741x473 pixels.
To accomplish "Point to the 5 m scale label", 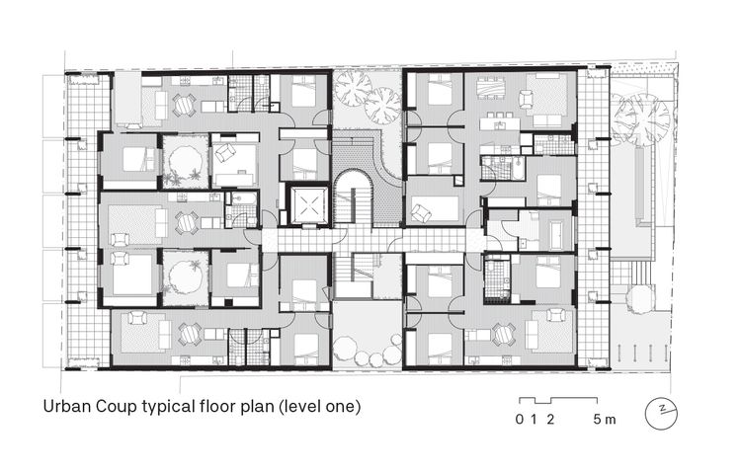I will [x=604, y=419].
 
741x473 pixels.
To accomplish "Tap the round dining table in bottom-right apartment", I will [x=503, y=334].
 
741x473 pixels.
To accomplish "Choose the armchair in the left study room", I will [x=224, y=154].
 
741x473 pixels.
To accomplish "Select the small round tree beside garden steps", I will [x=639, y=296].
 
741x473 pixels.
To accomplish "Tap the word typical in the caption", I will [x=174, y=407].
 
